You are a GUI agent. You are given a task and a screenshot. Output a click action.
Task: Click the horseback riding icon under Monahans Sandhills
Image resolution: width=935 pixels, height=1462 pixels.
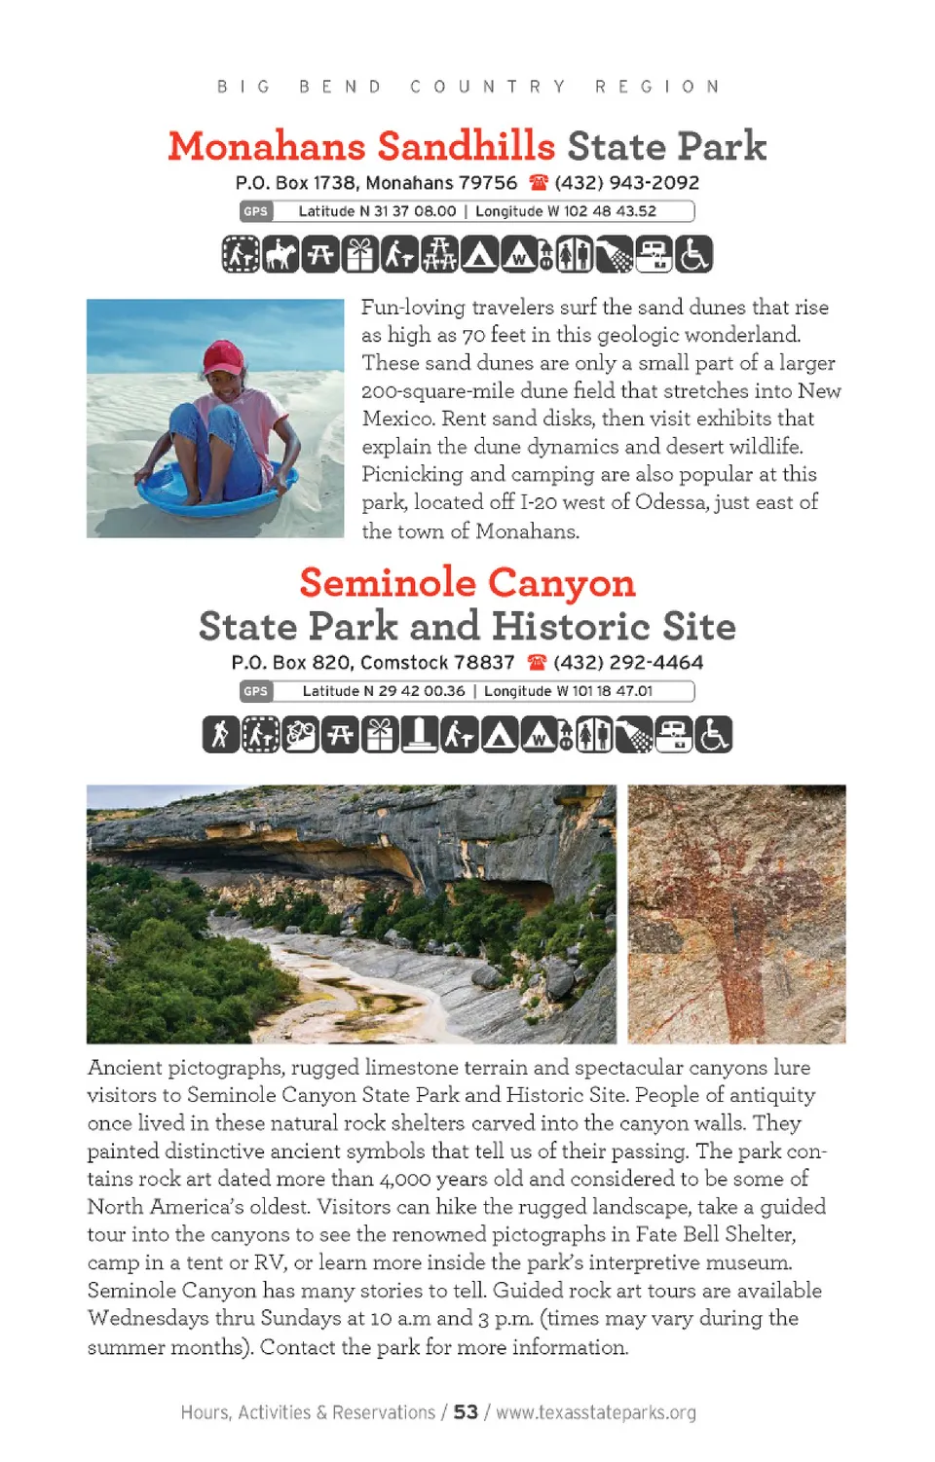pos(280,255)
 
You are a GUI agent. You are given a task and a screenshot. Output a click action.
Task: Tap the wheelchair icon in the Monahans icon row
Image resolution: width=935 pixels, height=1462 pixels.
pos(694,255)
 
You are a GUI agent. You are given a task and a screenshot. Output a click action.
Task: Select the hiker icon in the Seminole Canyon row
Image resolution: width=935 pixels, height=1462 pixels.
pos(220,735)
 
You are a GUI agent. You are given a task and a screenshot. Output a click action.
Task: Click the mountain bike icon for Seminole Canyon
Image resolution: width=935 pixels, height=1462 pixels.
pos(300,735)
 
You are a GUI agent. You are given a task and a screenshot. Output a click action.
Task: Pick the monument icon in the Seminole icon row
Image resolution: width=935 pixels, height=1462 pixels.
pos(420,735)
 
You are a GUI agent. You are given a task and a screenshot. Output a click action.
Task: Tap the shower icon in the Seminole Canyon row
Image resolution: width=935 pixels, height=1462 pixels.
pos(634,735)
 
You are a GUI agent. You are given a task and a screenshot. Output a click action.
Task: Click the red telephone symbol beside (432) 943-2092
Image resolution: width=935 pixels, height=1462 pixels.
pos(539,183)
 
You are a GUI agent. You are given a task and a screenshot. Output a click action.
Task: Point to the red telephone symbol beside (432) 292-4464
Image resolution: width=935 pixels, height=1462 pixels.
pos(537,663)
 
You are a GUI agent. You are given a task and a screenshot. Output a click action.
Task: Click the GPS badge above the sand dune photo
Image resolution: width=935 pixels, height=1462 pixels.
pos(256,211)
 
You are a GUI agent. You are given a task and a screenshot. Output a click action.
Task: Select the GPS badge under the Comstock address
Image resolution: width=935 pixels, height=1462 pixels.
pos(256,691)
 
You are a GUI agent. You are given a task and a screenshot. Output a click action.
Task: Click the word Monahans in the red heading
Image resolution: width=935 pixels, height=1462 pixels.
pos(266,147)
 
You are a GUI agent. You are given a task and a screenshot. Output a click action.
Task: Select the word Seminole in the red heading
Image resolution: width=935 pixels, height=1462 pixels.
pos(387,583)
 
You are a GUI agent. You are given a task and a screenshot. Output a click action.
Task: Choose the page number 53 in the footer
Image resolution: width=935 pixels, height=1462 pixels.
pos(466,1412)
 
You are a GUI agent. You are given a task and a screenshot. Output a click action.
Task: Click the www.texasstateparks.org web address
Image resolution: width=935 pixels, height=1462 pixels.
pos(596,1412)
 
